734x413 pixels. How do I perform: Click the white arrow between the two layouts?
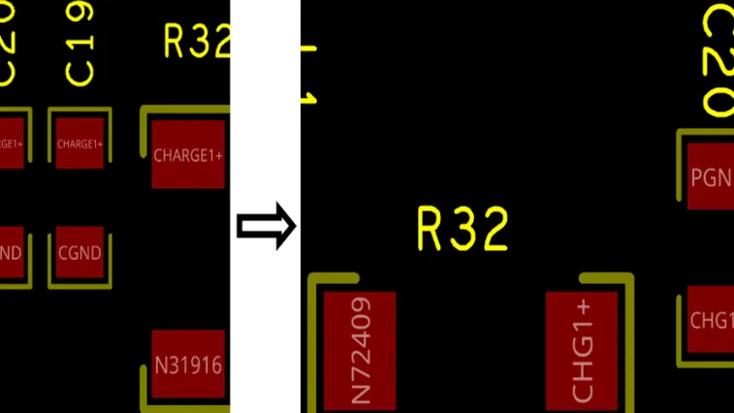267,226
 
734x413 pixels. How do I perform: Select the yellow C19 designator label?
80,45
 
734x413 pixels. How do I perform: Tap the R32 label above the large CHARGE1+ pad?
198,42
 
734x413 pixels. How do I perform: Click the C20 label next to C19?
9,45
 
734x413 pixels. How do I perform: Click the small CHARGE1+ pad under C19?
80,143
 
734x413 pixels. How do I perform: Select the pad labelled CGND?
80,253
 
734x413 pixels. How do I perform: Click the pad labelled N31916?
189,365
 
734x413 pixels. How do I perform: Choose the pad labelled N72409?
360,351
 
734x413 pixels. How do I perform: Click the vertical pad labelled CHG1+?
581,351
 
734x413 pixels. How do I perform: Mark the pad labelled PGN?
711,176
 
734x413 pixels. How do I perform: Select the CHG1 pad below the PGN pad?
711,320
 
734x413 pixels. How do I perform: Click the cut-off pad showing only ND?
11,253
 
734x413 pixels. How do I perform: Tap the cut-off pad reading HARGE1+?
11,143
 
